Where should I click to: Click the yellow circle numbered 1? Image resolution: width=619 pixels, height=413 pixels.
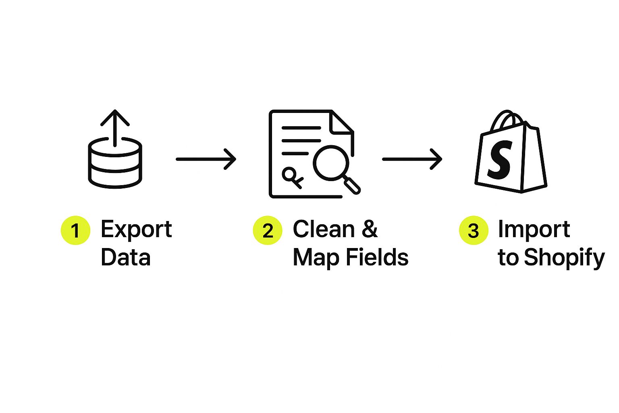point(75,230)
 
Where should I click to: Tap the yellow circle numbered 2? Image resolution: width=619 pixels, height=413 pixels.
point(268,230)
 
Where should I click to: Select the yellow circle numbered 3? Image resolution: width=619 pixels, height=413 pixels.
point(474,230)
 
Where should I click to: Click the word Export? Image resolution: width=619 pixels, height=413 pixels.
point(136,229)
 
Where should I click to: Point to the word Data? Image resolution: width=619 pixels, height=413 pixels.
point(126,258)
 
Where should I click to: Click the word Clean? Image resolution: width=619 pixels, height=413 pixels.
point(324,229)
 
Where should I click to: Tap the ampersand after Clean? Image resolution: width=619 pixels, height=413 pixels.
point(370,229)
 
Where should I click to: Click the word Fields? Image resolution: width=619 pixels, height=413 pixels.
point(377,257)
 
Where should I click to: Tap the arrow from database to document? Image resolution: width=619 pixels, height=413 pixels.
point(206,159)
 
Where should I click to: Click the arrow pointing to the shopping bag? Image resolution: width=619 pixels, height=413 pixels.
point(412,159)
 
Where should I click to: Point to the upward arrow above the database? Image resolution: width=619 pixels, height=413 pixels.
point(115,128)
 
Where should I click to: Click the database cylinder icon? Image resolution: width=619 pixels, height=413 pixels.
point(115,163)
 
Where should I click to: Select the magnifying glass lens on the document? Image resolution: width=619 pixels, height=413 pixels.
point(331,163)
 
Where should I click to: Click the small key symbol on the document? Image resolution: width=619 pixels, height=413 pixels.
point(293,177)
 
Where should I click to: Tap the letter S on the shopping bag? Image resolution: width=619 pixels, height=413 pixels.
point(500,160)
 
